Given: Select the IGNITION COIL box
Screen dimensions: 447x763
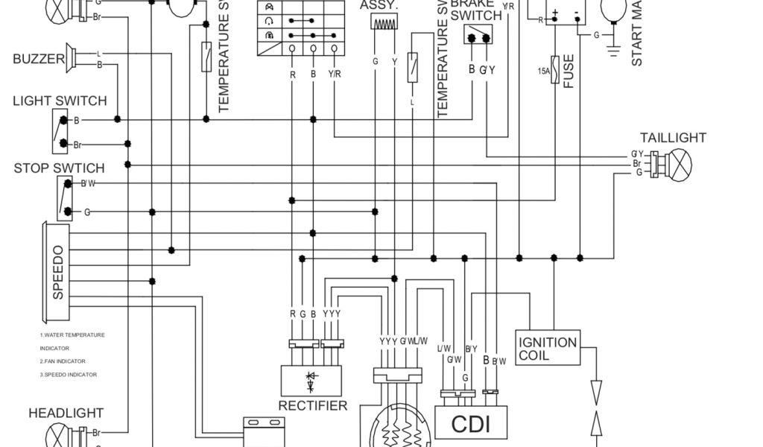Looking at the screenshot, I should [x=547, y=349].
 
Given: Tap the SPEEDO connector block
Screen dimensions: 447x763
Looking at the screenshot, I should [x=58, y=273].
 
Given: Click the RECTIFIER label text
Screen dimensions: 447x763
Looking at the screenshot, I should [x=313, y=406].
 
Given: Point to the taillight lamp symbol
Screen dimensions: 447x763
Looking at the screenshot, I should [x=679, y=163].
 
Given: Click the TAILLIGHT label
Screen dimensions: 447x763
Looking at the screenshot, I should [x=673, y=138].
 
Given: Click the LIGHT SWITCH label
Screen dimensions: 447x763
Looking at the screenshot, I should [x=60, y=101].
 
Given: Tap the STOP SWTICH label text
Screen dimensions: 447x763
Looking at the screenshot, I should [x=59, y=168].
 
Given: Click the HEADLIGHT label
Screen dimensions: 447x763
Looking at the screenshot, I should [x=66, y=413].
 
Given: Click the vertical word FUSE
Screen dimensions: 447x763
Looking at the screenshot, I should [x=570, y=71].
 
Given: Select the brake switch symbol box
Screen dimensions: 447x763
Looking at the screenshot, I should [x=477, y=35].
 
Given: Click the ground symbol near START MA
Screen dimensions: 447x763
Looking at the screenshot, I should [x=614, y=50].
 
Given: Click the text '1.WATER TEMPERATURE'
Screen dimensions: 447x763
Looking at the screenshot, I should [x=72, y=335].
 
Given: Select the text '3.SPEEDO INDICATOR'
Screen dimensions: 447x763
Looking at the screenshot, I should [x=69, y=375].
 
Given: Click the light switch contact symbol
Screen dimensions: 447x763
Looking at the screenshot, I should [x=60, y=130].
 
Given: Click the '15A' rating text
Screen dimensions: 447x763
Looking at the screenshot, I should [x=543, y=71].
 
